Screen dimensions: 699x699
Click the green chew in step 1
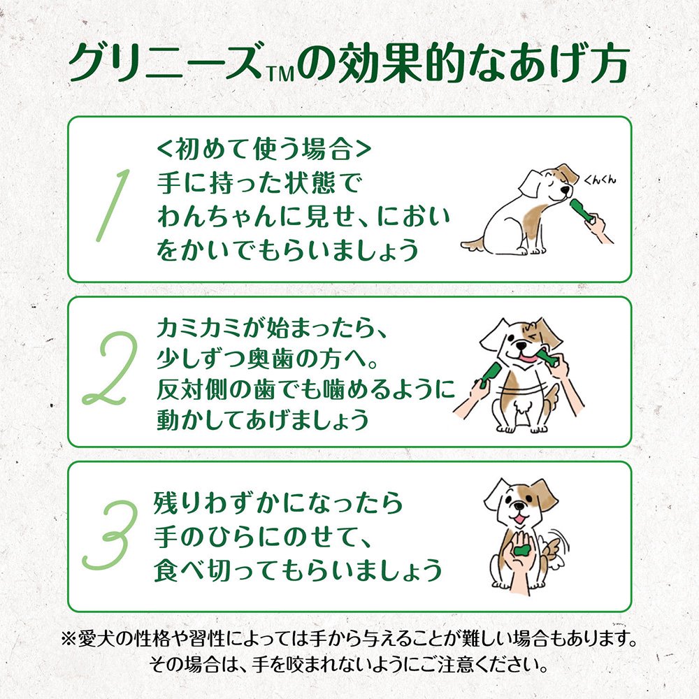point(579,210)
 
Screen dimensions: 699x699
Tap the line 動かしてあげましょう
point(262,420)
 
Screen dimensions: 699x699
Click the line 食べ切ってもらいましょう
point(298,571)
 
